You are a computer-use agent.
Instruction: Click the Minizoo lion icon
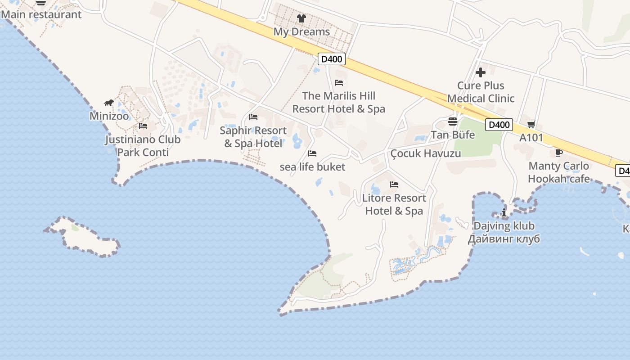pyautogui.click(x=109, y=103)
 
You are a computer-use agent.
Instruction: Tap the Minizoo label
pyautogui.click(x=109, y=116)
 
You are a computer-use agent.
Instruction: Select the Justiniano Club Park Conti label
pyautogui.click(x=143, y=146)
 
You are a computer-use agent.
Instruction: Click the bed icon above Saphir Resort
pyautogui.click(x=253, y=117)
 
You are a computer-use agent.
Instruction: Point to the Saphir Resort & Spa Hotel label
pyautogui.click(x=253, y=137)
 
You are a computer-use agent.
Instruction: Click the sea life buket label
pyautogui.click(x=312, y=167)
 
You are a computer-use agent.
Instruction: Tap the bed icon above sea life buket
pyautogui.click(x=312, y=153)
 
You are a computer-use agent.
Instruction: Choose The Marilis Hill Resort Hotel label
pyautogui.click(x=339, y=102)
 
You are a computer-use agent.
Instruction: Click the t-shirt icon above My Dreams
pyautogui.click(x=301, y=18)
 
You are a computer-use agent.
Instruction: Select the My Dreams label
pyautogui.click(x=301, y=32)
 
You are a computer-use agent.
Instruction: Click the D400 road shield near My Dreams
pyautogui.click(x=332, y=58)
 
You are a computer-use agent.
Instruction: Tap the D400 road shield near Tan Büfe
pyautogui.click(x=499, y=125)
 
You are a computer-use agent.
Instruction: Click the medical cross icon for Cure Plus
pyautogui.click(x=481, y=72)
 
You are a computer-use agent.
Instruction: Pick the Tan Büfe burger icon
pyautogui.click(x=453, y=121)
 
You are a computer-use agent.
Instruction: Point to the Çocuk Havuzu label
pyautogui.click(x=426, y=153)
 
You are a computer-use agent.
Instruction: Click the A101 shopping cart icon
pyautogui.click(x=531, y=124)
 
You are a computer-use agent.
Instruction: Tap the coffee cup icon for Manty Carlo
pyautogui.click(x=559, y=153)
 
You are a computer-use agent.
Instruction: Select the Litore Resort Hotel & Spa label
pyautogui.click(x=394, y=204)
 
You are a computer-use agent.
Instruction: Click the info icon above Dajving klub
pyautogui.click(x=504, y=212)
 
